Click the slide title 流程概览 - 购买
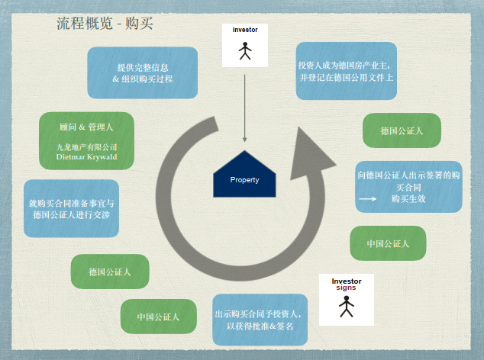105,23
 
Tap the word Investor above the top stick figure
245,30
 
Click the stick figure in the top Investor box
245,50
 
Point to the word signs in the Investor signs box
347,289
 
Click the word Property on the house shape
244,180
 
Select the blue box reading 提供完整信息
142,72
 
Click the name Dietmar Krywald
87,156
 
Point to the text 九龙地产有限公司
87,146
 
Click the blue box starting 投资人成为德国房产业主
346,71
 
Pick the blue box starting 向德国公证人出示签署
408,187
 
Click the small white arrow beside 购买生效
368,199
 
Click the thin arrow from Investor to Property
245,107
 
